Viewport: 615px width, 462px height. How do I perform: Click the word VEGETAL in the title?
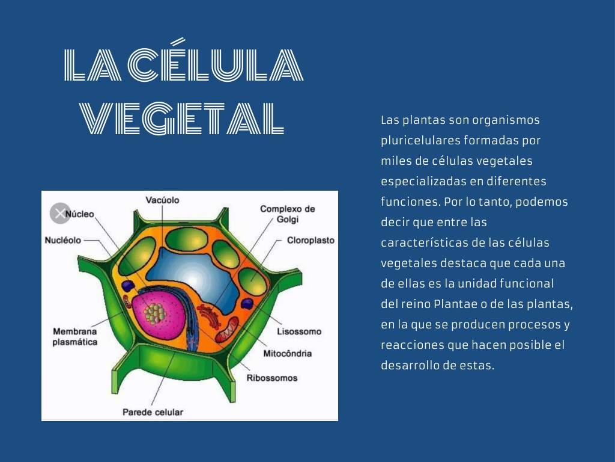pyautogui.click(x=181, y=119)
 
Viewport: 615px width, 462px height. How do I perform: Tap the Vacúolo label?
pyautogui.click(x=162, y=200)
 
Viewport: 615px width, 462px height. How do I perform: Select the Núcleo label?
pyautogui.click(x=80, y=214)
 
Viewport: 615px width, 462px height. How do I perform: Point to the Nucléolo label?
pyautogui.click(x=62, y=240)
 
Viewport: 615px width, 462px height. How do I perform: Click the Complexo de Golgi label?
pyautogui.click(x=288, y=214)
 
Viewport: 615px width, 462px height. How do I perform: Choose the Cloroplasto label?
pyautogui.click(x=311, y=240)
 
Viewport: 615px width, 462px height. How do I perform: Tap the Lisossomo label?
pyautogui.click(x=299, y=331)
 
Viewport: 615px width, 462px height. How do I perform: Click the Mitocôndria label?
pyautogui.click(x=288, y=354)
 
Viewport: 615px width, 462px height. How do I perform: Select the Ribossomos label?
pyautogui.click(x=272, y=378)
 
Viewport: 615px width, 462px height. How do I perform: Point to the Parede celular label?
pyautogui.click(x=153, y=412)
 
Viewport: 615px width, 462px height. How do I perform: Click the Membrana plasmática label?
pyautogui.click(x=75, y=337)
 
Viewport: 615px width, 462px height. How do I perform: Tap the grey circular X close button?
pyautogui.click(x=60, y=214)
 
